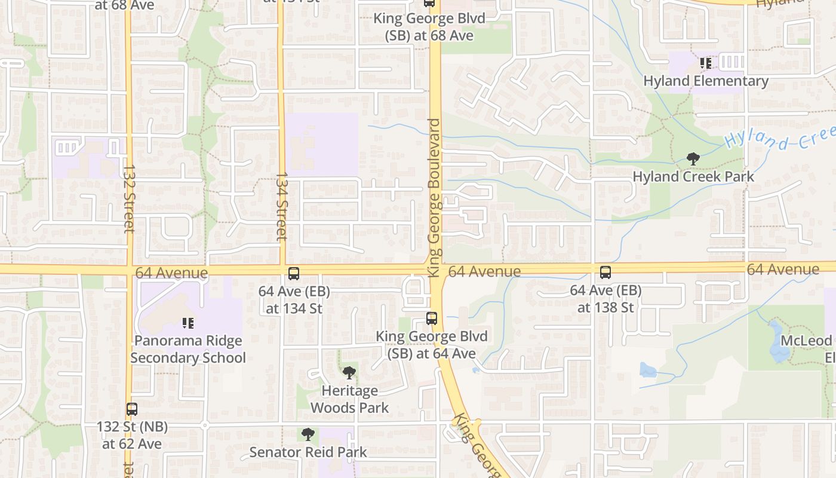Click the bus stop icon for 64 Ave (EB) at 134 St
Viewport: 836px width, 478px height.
click(294, 274)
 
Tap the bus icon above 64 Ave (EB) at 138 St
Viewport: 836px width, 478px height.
click(606, 272)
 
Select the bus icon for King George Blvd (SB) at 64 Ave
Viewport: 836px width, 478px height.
click(432, 318)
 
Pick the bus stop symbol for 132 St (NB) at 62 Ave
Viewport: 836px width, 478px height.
click(132, 409)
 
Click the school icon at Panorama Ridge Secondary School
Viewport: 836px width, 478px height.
click(188, 323)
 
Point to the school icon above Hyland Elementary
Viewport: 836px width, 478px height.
click(706, 63)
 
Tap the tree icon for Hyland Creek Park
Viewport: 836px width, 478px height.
click(693, 159)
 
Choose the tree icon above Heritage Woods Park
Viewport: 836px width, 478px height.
click(349, 373)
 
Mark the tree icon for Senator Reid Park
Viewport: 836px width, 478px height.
click(308, 434)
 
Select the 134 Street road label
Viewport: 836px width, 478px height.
click(282, 207)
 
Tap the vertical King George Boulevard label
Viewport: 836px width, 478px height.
click(434, 197)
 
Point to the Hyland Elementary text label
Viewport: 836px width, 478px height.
click(706, 81)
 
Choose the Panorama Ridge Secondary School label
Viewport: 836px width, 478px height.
click(188, 350)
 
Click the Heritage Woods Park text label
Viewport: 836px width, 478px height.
click(350, 399)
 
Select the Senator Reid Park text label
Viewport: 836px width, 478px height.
click(308, 452)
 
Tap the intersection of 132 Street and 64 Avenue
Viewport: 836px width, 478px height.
click(129, 269)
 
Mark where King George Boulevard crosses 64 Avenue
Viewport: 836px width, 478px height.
click(435, 269)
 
